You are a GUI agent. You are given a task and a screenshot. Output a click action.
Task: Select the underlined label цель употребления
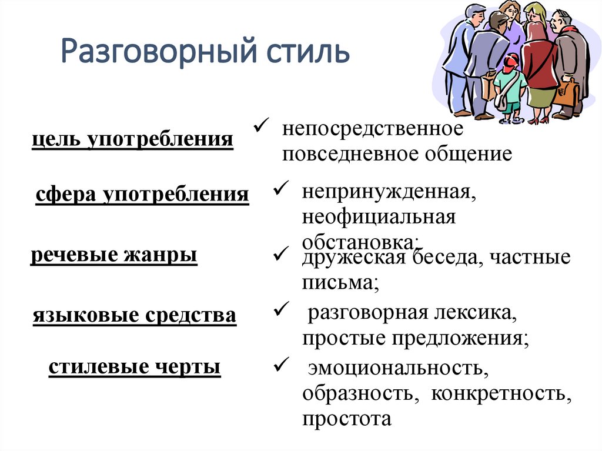[133, 140]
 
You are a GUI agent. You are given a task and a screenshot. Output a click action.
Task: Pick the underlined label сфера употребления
[142, 194]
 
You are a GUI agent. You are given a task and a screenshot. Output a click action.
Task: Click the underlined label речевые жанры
[113, 256]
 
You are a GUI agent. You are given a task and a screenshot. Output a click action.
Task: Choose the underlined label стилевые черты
[135, 367]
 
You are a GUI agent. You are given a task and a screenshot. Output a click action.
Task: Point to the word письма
[337, 283]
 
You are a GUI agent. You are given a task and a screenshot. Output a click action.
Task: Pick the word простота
[347, 419]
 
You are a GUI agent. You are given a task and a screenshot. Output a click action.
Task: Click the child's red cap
[511, 59]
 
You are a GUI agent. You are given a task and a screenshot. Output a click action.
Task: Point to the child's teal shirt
[510, 82]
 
